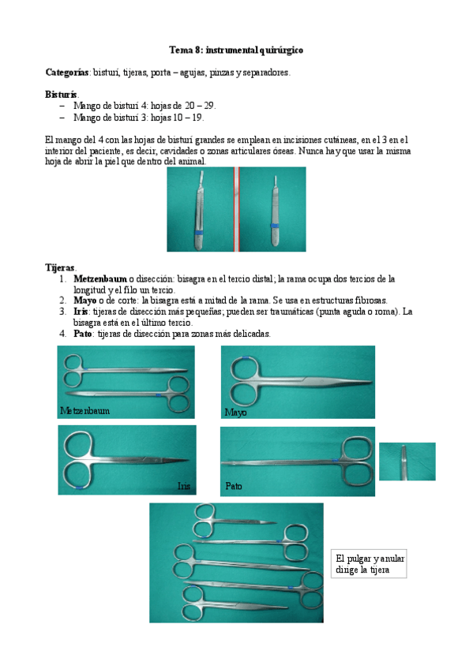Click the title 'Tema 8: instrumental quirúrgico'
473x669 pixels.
coord(236,50)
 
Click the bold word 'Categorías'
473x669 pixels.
coord(67,72)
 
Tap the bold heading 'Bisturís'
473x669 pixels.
coord(62,95)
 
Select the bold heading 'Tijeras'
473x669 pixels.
coord(60,267)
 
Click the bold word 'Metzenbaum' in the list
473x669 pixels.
coord(100,278)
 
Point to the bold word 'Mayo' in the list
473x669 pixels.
coord(85,301)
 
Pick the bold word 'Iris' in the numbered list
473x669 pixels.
coord(81,312)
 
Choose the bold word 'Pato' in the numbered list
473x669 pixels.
coord(82,333)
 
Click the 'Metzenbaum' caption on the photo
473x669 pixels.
coord(85,410)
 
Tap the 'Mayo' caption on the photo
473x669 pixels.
coord(235,412)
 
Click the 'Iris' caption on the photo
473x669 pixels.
coord(184,486)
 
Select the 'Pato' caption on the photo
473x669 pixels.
coord(234,486)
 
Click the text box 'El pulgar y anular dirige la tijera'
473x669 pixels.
coord(369,563)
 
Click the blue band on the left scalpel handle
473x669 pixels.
coord(198,233)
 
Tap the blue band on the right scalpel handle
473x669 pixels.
coord(275,225)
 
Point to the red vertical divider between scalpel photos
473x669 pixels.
coord(237,209)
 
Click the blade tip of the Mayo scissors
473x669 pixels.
coord(370,381)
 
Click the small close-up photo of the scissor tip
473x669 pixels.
coord(407,462)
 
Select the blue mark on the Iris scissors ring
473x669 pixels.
coord(78,487)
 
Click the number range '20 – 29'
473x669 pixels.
coord(200,106)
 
